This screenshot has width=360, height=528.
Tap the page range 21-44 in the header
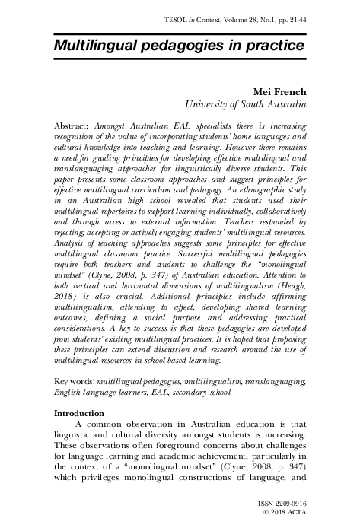(x=292, y=13)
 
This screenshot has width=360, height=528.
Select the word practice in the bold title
(x=273, y=46)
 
